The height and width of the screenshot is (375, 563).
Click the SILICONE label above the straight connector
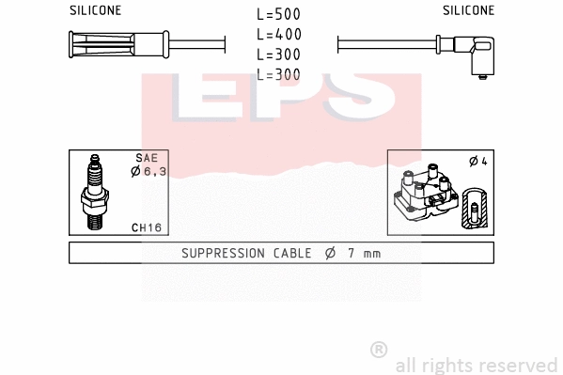(96, 10)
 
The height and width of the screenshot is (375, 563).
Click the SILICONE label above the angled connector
(468, 10)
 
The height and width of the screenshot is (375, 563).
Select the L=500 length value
(279, 15)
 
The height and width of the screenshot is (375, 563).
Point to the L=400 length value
(279, 35)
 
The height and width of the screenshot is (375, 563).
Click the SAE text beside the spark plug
(147, 159)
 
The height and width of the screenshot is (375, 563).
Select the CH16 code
(146, 227)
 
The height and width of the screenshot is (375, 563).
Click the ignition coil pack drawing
(429, 196)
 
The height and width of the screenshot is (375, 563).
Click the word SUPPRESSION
(224, 253)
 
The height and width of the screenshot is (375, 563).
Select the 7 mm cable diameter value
(362, 253)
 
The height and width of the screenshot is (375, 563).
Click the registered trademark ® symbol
(379, 350)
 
